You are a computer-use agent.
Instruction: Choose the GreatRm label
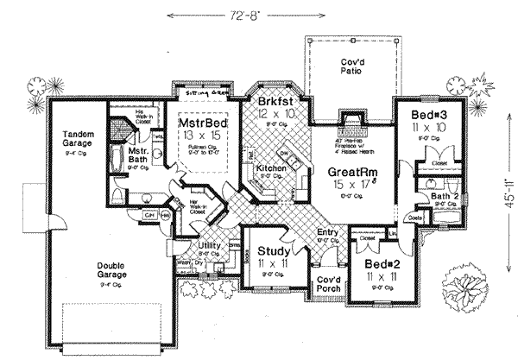pyautogui.click(x=349, y=173)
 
